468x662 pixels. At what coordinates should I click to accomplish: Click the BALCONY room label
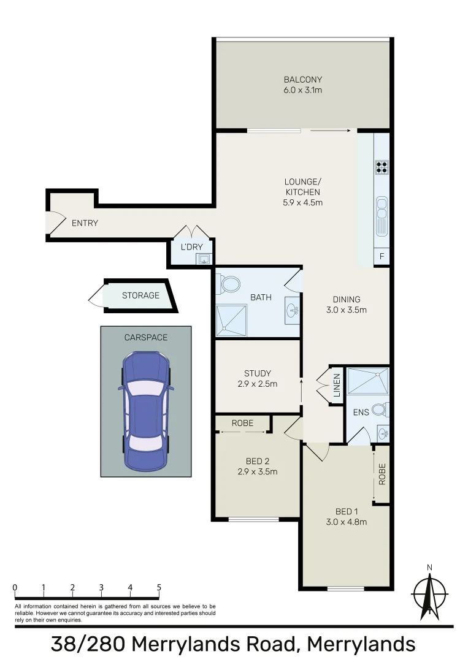click(302, 80)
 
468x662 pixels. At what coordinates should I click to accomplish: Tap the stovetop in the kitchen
click(382, 167)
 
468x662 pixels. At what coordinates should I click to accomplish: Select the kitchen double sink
click(382, 216)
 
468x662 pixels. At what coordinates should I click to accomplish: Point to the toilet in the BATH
click(231, 284)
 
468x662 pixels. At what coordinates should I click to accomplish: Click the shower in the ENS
click(367, 381)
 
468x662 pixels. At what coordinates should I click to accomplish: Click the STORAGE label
click(140, 295)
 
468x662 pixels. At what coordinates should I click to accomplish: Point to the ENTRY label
click(85, 223)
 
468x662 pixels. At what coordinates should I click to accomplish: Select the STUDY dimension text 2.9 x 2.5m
click(257, 384)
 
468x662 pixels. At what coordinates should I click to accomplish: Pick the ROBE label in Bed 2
click(242, 423)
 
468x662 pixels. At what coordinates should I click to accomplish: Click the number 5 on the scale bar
click(159, 588)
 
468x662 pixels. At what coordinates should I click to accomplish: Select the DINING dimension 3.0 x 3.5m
click(347, 310)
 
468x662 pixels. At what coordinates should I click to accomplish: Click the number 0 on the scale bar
click(15, 588)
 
